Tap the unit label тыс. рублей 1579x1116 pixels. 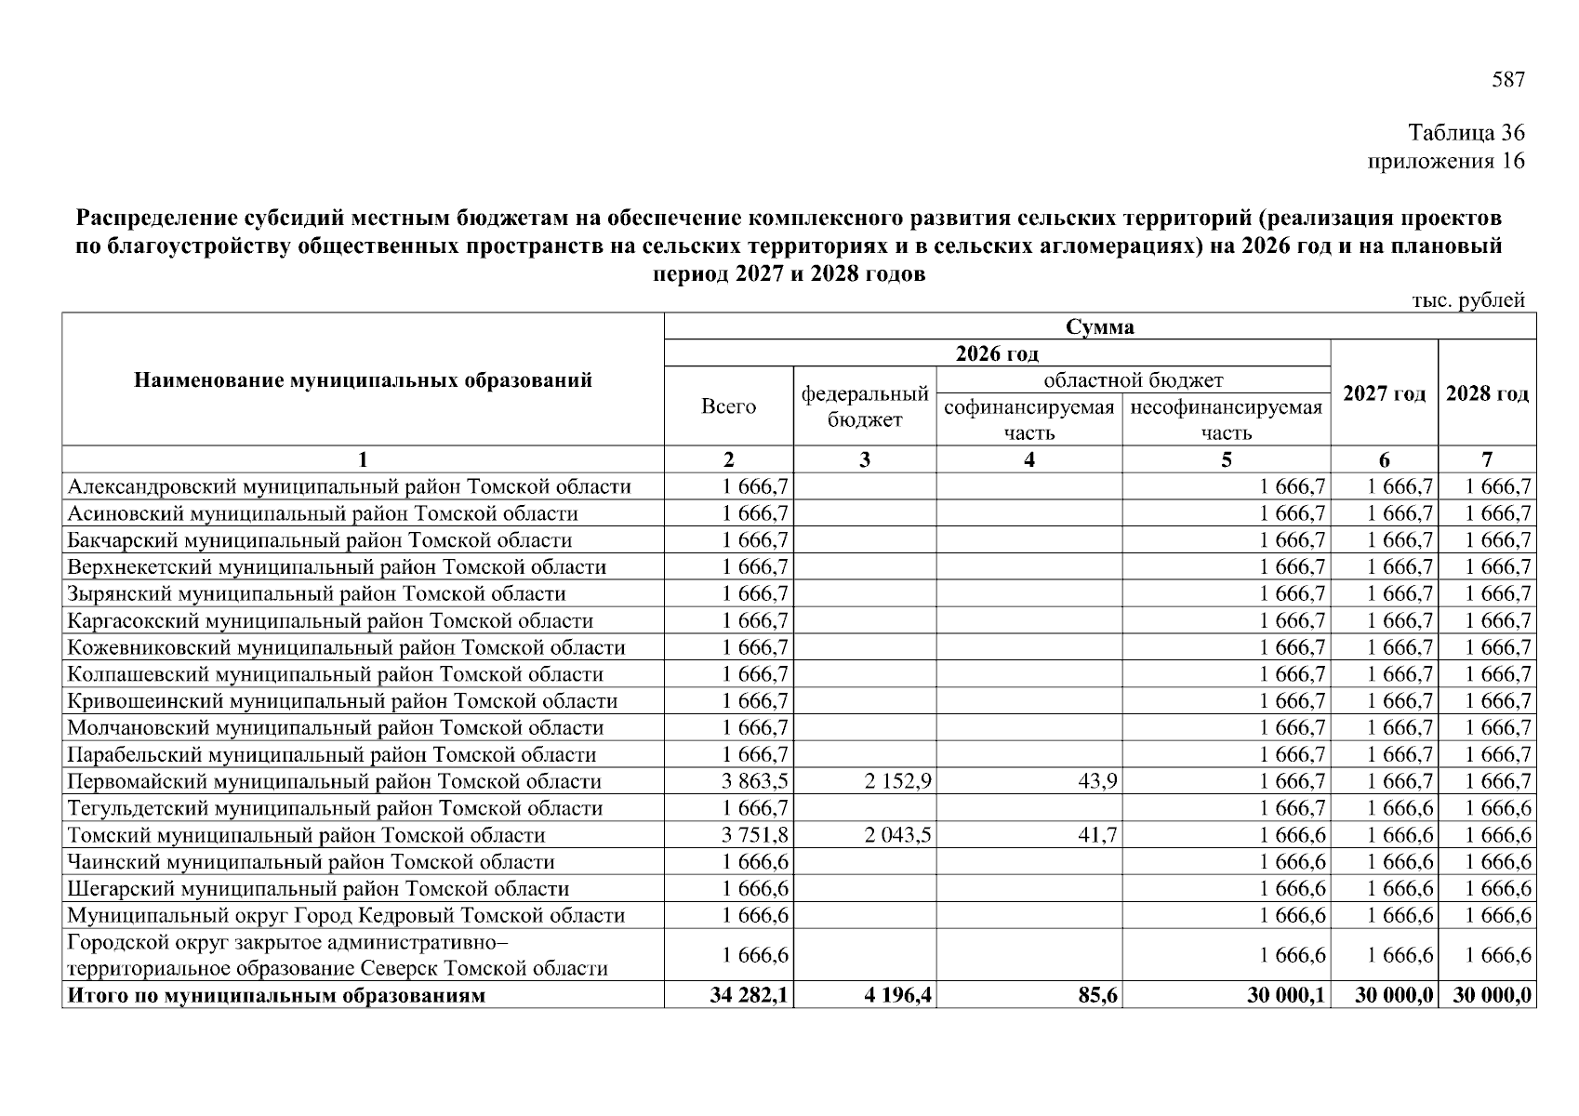1468,300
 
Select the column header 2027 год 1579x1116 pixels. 1384,393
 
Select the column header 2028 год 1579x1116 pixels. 1487,393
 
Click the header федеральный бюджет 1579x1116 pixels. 865,406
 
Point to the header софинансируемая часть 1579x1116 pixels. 1028,419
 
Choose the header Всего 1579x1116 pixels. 728,406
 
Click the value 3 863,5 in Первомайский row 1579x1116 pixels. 755,781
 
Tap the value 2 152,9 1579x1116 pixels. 897,781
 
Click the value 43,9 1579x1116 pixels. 1097,781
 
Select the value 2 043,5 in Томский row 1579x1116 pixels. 897,835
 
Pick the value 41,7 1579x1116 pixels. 1097,835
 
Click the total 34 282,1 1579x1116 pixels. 750,995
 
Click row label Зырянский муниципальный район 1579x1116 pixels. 316,594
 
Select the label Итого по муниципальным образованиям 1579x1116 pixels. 276,995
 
